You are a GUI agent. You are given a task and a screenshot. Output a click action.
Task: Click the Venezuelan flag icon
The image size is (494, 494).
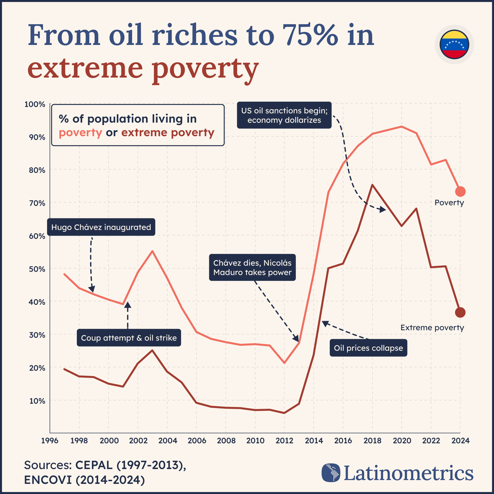coord(454,44)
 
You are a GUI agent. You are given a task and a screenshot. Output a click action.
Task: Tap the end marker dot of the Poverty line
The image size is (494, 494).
coord(460,191)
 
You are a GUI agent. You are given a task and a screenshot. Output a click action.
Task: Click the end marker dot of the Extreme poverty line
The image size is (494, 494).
coord(460,312)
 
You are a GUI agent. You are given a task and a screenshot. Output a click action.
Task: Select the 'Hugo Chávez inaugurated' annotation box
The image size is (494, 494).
coord(101,227)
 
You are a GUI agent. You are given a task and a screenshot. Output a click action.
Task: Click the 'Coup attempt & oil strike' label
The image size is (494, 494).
coord(129,338)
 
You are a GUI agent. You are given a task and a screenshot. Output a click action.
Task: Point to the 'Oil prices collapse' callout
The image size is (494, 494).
coord(368,348)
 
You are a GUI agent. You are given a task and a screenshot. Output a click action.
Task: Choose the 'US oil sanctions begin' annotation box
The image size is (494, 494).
coord(284,115)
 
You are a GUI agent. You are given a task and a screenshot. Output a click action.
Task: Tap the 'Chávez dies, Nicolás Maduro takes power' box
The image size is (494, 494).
coord(252,268)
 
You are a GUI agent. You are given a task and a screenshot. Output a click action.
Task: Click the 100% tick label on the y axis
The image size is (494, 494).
coord(35,104)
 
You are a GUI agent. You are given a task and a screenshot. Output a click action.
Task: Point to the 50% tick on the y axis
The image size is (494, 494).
coord(37,269)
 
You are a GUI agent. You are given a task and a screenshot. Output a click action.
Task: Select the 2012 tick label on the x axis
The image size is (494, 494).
coord(284,441)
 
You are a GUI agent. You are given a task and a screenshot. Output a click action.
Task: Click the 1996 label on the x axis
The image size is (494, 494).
coord(50,441)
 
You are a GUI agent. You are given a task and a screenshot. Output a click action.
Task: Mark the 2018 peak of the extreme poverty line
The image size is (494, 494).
coord(372,185)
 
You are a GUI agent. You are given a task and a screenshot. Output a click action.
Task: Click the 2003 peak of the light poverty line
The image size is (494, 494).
coord(152,251)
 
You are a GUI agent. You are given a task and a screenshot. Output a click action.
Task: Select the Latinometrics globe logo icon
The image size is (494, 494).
coord(331,473)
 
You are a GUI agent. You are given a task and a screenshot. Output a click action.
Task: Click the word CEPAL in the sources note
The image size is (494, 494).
coord(94,465)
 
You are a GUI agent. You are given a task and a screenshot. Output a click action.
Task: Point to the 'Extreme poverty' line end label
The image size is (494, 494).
coord(432,328)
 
